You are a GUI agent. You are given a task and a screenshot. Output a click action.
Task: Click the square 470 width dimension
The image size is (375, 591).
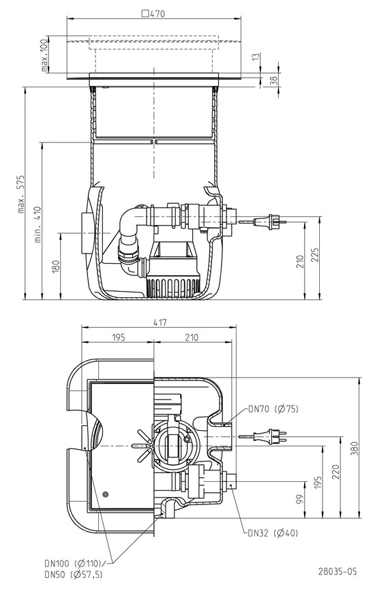pos(153,14)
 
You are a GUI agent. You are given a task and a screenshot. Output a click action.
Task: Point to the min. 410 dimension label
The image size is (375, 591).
pos(38,225)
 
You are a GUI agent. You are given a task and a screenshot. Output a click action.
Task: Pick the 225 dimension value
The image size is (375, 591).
pos(315,255)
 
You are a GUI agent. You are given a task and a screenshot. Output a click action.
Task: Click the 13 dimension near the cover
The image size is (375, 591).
pos(256,57)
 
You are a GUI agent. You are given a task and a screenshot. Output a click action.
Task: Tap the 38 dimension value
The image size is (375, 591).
pos(274,80)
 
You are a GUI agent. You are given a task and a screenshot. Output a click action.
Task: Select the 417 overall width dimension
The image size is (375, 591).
pos(160,322)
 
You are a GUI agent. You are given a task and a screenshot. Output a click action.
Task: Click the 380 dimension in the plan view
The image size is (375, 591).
pos(355,448)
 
